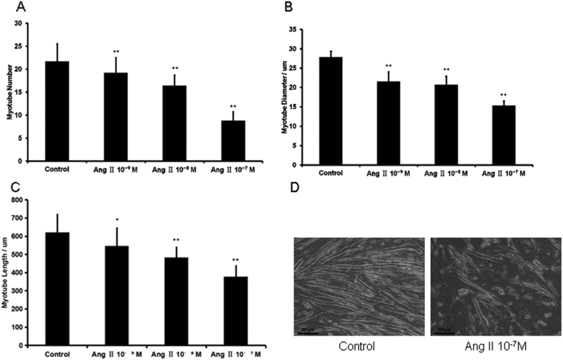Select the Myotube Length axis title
13,269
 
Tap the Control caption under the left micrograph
359,345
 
